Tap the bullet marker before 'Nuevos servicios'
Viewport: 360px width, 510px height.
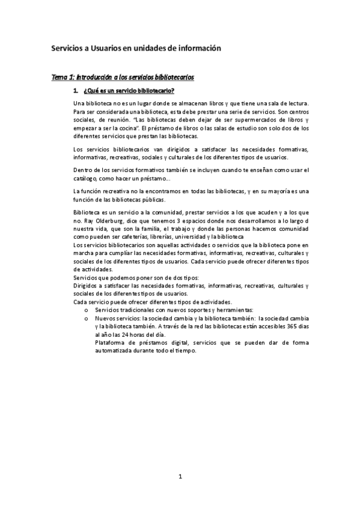[x=86, y=318]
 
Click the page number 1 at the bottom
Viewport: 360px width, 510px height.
[x=180, y=477]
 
